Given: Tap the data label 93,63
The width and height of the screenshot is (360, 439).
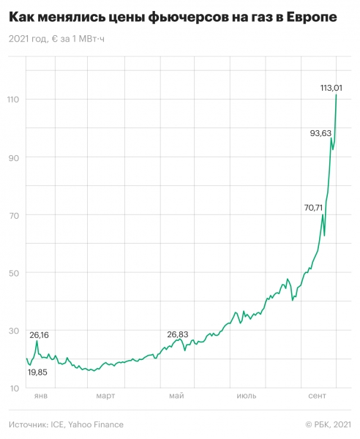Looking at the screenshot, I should coord(321,132).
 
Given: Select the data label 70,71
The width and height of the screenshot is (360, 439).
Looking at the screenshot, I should coord(313,208).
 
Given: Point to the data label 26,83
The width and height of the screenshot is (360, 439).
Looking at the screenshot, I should coord(178,334).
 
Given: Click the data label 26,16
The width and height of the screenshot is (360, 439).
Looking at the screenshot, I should coord(40,334).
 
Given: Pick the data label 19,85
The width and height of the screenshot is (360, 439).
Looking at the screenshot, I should coord(37,372).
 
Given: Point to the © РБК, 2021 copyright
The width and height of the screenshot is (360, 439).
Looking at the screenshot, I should coord(327,424).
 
